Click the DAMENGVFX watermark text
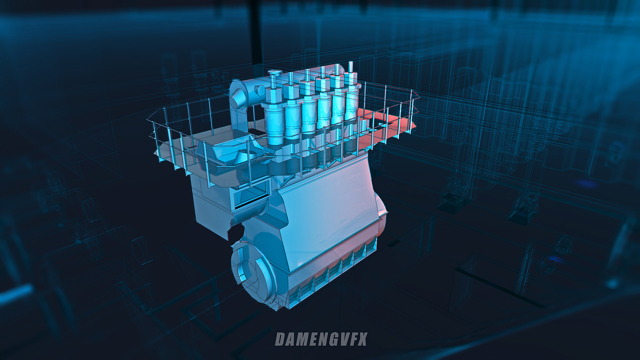pos(321,339)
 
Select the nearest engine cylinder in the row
pos(274,114)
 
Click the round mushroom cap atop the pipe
pos(275,72)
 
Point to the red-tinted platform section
pos(383,125)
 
